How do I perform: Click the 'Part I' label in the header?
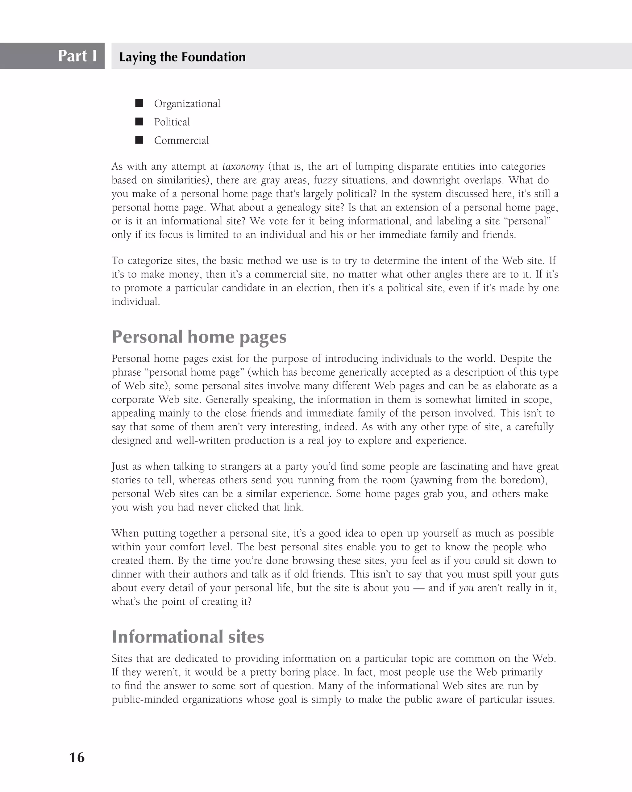pyautogui.click(x=77, y=56)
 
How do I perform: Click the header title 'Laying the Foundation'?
pyautogui.click(x=182, y=57)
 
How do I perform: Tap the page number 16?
pyautogui.click(x=77, y=757)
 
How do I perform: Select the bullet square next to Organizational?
pyautogui.click(x=139, y=103)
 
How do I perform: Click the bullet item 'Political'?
pyautogui.click(x=172, y=122)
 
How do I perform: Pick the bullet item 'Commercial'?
pyautogui.click(x=181, y=140)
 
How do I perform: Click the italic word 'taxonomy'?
pyautogui.click(x=243, y=167)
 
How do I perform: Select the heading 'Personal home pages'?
pyautogui.click(x=199, y=336)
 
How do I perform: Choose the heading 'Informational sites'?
pyautogui.click(x=188, y=637)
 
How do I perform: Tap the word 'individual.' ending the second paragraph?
pyautogui.click(x=135, y=302)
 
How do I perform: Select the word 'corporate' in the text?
pyautogui.click(x=133, y=400)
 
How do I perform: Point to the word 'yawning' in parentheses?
pyautogui.click(x=433, y=480)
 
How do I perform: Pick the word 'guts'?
pyautogui.click(x=549, y=574)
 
